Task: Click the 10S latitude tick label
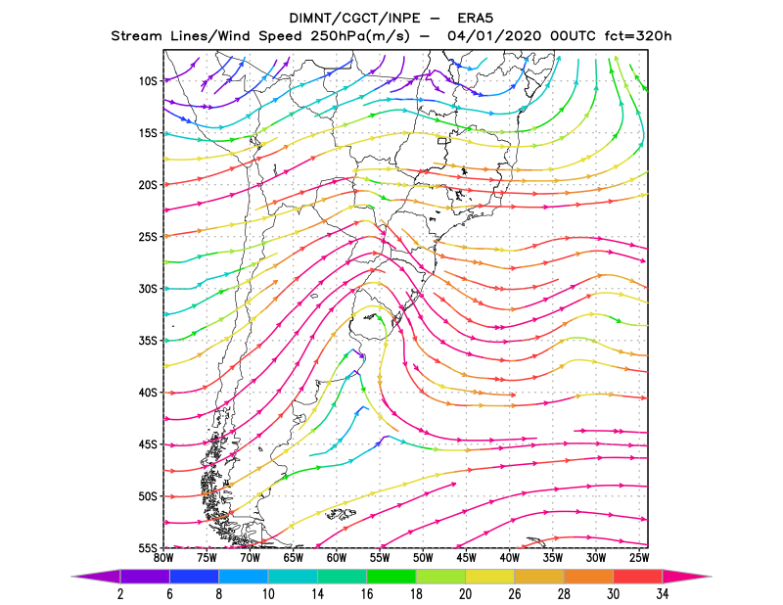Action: click(x=148, y=81)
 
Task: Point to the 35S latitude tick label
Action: click(x=148, y=341)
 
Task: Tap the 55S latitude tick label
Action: click(x=148, y=548)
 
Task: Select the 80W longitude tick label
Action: click(x=163, y=558)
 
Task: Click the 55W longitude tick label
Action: click(x=380, y=558)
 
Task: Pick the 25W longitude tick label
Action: click(x=639, y=558)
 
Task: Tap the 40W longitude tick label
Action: click(x=509, y=558)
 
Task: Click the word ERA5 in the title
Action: click(x=476, y=19)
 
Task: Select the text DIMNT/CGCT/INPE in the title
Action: click(x=353, y=19)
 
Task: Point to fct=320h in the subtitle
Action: click(x=638, y=36)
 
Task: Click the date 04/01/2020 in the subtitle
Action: click(x=494, y=36)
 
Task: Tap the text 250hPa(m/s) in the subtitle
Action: click(x=360, y=36)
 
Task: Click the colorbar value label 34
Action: click(x=663, y=594)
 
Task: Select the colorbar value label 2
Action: click(x=120, y=594)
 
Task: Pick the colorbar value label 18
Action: click(x=416, y=594)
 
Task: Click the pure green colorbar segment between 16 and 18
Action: click(x=391, y=577)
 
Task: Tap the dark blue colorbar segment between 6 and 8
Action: click(x=194, y=577)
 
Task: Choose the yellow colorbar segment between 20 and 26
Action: click(x=490, y=577)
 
